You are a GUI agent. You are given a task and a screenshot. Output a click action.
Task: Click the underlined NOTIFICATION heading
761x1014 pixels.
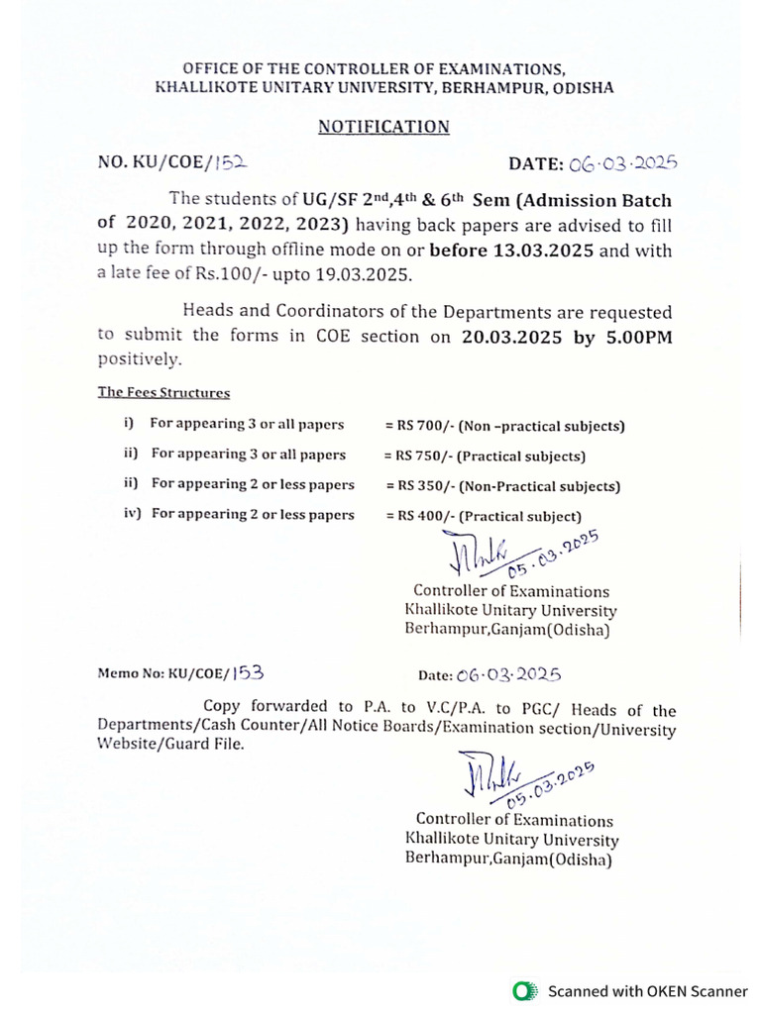(x=383, y=127)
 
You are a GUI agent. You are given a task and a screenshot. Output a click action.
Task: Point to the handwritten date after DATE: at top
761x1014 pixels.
(x=622, y=163)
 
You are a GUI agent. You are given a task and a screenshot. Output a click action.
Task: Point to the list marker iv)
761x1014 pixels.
(x=133, y=514)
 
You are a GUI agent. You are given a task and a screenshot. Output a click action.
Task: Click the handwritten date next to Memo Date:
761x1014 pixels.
(x=508, y=674)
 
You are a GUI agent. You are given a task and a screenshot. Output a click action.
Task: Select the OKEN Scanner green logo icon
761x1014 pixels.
(x=523, y=990)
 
